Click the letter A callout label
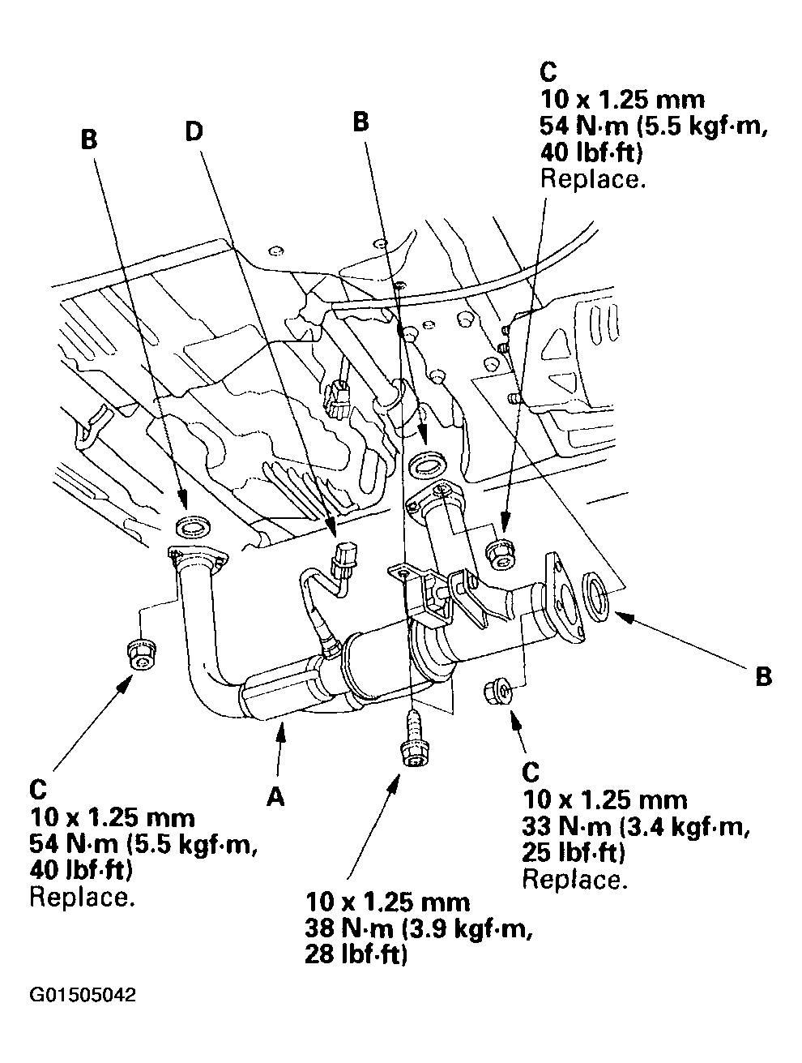pos(275,798)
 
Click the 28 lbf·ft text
pos(356,955)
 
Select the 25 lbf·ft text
pos(573,853)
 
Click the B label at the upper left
pos(88,139)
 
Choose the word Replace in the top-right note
pos(592,179)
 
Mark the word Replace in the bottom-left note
pos(82,898)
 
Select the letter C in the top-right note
pos(548,72)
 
